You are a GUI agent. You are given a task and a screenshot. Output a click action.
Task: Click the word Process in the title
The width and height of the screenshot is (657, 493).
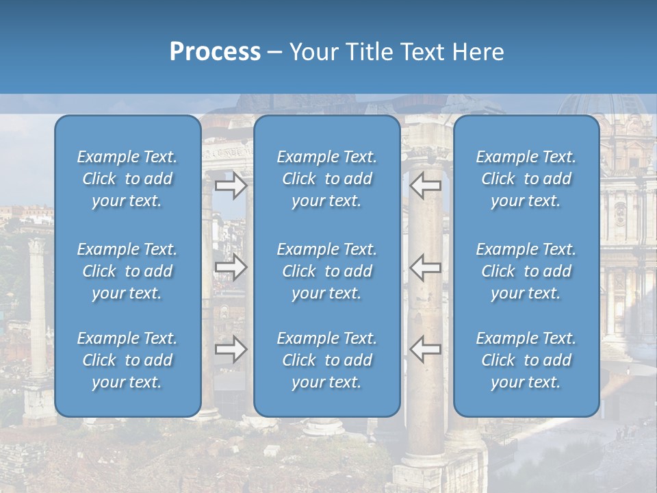(215, 52)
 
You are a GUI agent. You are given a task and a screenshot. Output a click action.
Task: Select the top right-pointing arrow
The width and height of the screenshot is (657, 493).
(231, 185)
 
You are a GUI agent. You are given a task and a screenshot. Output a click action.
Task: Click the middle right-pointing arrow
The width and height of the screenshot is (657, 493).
(231, 266)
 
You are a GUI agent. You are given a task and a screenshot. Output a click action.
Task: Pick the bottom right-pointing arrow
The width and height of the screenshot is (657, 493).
(231, 349)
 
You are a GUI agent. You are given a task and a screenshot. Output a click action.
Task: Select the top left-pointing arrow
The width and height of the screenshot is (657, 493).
(426, 185)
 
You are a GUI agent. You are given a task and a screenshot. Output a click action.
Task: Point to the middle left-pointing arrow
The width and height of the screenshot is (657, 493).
(426, 266)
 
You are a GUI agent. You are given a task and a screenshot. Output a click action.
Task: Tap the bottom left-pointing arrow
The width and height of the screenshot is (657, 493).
(426, 349)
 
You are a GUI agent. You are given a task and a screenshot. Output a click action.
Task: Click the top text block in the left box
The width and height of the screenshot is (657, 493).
(127, 179)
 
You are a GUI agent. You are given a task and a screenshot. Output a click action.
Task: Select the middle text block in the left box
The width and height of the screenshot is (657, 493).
(127, 271)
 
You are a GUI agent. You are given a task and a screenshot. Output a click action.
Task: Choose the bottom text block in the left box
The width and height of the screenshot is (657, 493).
(127, 360)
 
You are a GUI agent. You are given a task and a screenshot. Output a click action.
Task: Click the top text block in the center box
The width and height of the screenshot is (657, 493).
(326, 179)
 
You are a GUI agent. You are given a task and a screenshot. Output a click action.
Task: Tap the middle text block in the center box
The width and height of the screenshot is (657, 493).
(326, 271)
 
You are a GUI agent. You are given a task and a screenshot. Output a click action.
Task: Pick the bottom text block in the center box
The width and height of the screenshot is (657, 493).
(326, 360)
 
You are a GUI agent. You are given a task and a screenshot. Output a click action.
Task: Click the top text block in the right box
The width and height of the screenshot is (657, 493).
(526, 179)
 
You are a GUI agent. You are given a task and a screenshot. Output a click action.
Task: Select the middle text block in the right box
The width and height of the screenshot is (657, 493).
(526, 271)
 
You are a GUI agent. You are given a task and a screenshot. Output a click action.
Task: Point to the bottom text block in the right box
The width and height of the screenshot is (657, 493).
(526, 360)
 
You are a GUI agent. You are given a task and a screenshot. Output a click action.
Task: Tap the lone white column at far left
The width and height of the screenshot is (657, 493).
(37, 308)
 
